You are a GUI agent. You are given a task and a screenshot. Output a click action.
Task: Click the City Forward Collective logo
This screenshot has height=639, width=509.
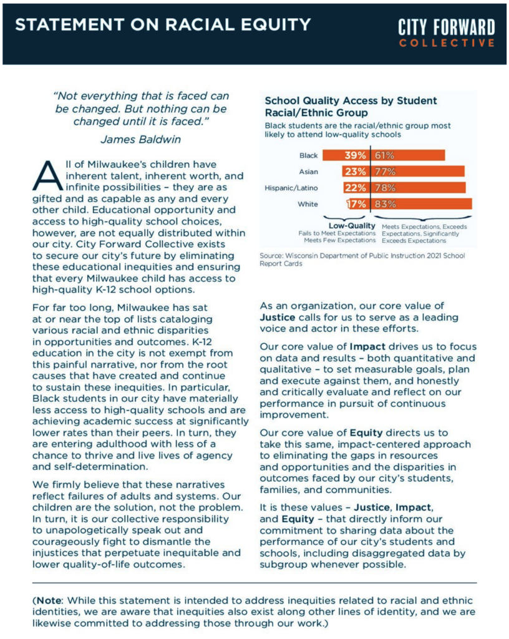pyautogui.click(x=447, y=32)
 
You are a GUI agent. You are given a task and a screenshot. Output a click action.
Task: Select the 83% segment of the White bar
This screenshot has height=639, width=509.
pyautogui.click(x=422, y=203)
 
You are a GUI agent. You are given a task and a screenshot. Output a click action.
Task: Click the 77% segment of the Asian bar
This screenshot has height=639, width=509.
pyautogui.click(x=418, y=171)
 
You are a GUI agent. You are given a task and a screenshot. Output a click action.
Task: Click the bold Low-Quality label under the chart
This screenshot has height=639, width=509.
pyautogui.click(x=352, y=225)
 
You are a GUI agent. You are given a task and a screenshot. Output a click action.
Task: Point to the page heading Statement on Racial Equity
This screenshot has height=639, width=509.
pyautogui.click(x=163, y=25)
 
